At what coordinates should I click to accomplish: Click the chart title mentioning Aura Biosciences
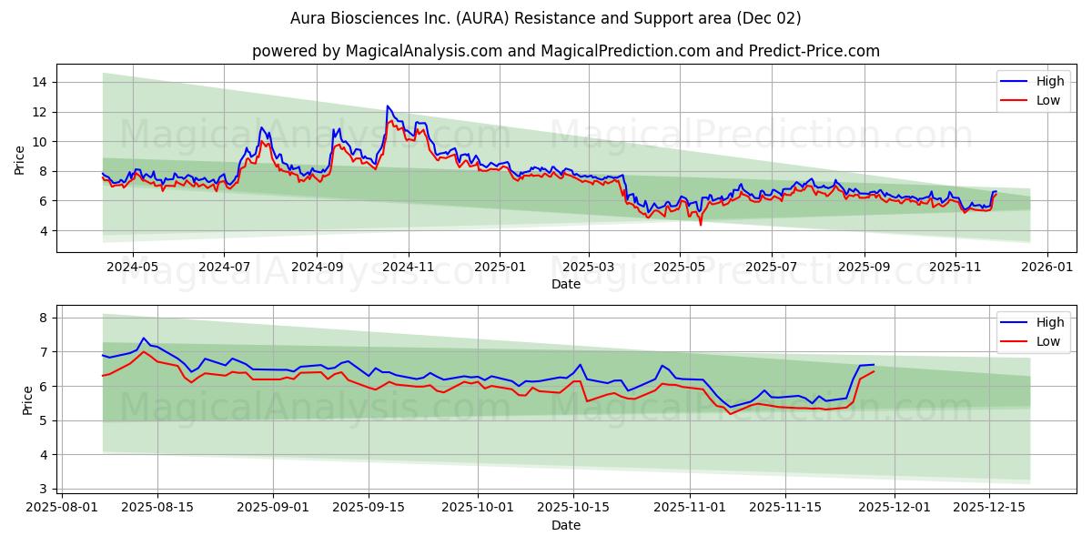tap(546, 18)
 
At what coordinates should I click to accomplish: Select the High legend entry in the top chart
tap(1049, 81)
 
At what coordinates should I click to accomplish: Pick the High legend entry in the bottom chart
tap(1049, 322)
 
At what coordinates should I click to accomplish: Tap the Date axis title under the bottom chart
tap(566, 526)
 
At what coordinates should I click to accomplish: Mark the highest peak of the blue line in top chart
tap(388, 106)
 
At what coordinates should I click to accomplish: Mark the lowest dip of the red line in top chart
tap(700, 224)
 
